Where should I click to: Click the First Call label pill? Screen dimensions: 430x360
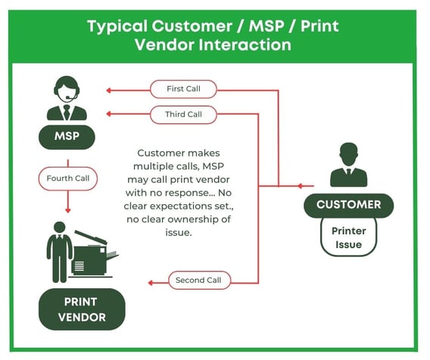(183, 89)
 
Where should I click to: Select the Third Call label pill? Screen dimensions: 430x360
(183, 114)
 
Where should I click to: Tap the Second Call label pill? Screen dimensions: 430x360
(199, 281)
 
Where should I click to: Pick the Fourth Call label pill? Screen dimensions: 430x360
(68, 178)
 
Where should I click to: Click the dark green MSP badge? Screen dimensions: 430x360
(67, 137)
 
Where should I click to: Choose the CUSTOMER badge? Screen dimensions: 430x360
(348, 205)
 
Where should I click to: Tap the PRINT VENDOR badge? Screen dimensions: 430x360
(82, 309)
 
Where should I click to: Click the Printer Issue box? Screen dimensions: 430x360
(348, 237)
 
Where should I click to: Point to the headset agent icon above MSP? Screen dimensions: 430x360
(67, 98)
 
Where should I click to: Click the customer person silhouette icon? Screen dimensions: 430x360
(348, 164)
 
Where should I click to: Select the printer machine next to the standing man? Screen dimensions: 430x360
(93, 255)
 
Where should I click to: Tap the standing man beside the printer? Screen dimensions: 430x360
(60, 252)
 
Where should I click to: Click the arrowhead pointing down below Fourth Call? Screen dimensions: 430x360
(68, 210)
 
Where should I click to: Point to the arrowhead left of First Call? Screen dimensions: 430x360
(109, 90)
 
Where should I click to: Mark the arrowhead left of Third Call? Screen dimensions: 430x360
(109, 113)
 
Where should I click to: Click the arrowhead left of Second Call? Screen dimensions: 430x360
(151, 283)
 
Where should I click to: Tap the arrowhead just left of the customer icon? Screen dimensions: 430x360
(301, 186)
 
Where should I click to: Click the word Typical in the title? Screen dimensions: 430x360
(117, 27)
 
